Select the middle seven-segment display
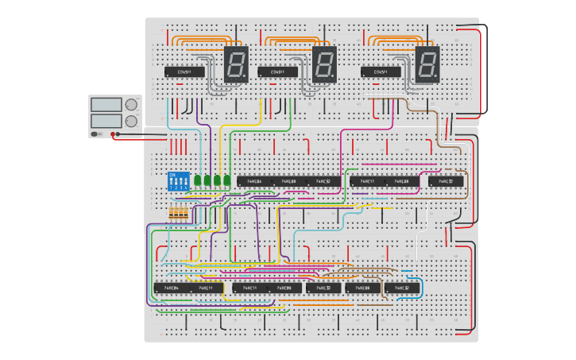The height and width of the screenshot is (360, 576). pos(324,63)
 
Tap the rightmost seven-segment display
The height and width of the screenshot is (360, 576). pos(427,63)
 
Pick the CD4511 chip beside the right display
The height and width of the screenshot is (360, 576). pos(381,72)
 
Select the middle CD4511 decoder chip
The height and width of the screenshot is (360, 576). pos(277,72)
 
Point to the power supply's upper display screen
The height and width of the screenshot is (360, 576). pos(105,104)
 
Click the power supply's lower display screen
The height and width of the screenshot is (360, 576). pos(105,121)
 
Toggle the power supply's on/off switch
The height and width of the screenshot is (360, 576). pos(97,134)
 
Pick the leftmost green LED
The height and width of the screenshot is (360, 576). pos(196,180)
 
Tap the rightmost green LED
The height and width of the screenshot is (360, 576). pos(226,180)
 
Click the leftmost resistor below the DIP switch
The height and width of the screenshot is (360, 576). pos(173,212)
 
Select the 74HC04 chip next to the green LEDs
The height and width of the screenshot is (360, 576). pos(254,181)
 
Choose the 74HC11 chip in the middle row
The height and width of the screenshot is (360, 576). pos(367,181)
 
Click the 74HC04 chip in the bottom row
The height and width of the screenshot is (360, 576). pos(171,287)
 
